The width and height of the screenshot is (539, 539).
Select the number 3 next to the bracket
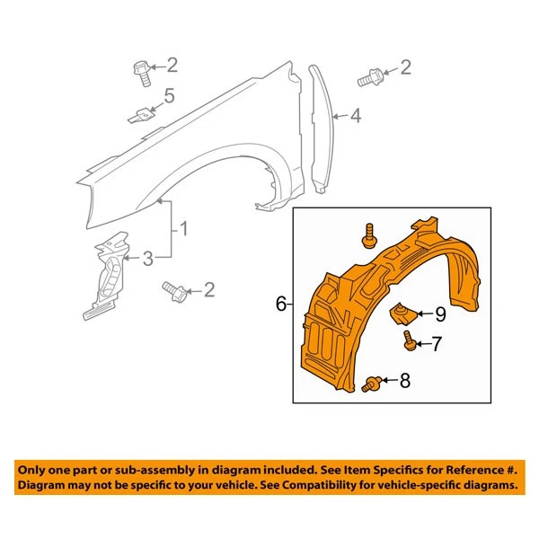tap(147, 259)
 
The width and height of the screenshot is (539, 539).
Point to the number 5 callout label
tap(168, 97)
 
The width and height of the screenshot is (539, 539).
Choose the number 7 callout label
tap(437, 342)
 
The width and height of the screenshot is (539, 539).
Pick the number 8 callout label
tap(404, 382)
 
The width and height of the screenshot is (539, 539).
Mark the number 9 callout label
tap(440, 314)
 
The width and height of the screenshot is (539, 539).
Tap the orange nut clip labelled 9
tap(401, 314)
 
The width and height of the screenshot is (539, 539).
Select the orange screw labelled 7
tap(409, 341)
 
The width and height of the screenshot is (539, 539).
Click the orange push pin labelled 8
tap(371, 384)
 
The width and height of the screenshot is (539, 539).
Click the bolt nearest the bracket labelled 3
tap(174, 289)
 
